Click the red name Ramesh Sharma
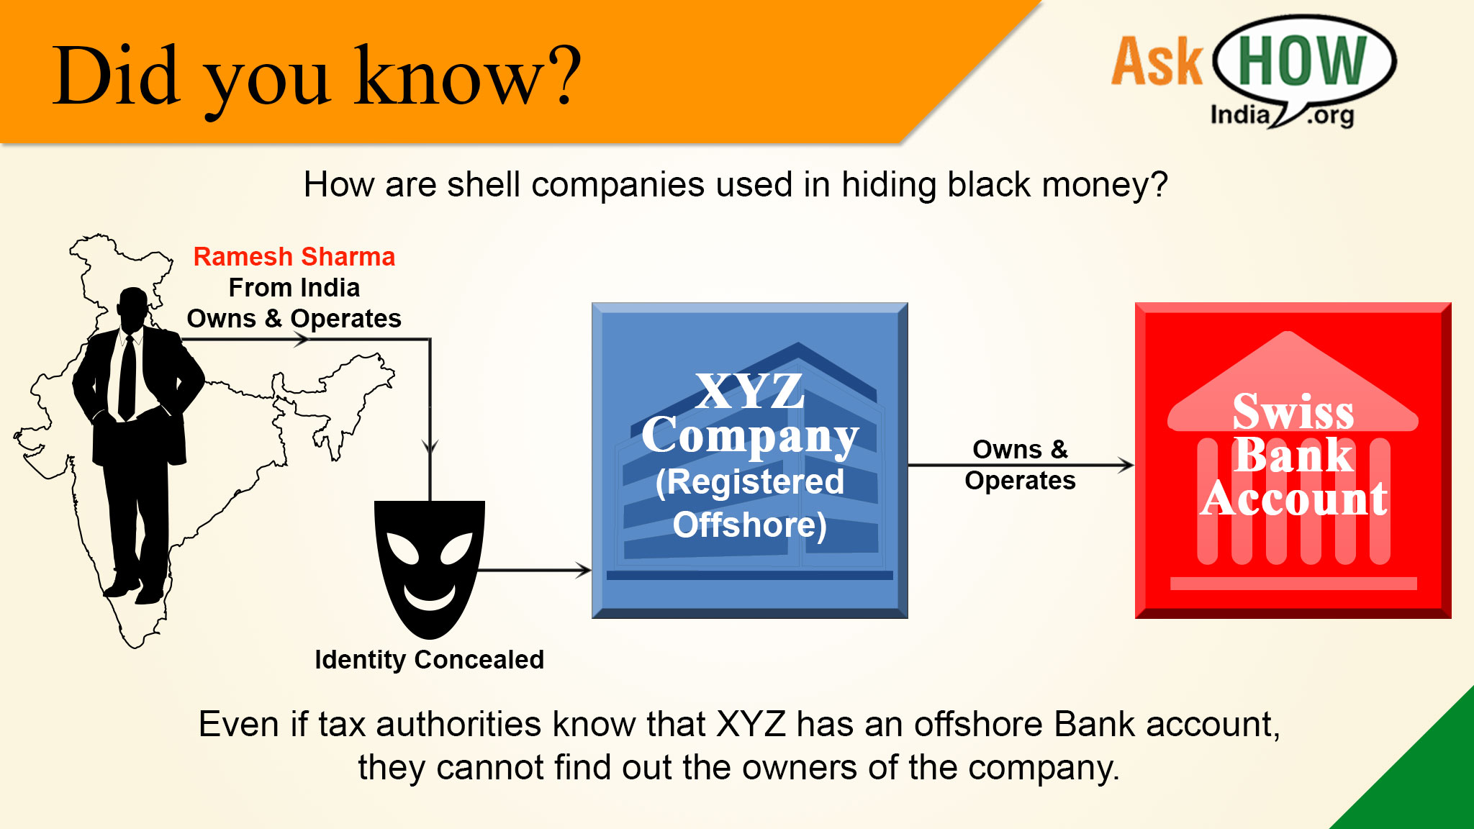[294, 257]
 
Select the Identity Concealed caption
[429, 659]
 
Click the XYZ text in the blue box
[749, 391]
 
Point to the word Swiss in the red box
[1293, 411]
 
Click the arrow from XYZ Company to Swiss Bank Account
[1021, 466]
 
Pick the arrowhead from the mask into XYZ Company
[583, 571]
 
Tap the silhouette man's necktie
[127, 377]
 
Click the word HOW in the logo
[1302, 60]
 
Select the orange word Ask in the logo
[1157, 62]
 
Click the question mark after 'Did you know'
[559, 75]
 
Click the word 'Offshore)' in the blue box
[749, 525]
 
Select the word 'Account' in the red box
[1294, 498]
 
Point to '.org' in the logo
[1331, 115]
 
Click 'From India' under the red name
[294, 288]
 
